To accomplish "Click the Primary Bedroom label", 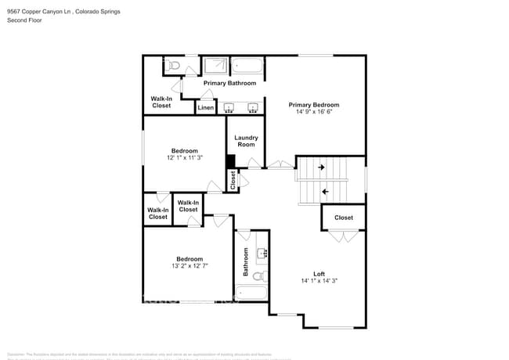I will click(x=313, y=105).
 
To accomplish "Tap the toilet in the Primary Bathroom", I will click(x=174, y=64).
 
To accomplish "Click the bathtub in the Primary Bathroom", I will click(x=248, y=65).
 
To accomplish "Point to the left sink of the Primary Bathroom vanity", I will click(x=229, y=108).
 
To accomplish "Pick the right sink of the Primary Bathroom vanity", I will click(x=253, y=108).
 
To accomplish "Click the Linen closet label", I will click(x=205, y=108).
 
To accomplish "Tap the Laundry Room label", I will click(x=246, y=141).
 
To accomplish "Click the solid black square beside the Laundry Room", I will click(x=231, y=161).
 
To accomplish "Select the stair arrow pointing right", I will click(x=320, y=167).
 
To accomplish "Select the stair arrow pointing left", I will click(x=325, y=191).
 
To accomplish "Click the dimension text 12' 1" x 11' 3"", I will click(x=185, y=157).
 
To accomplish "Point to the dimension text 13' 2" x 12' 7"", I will click(x=189, y=265).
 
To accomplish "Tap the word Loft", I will click(x=319, y=273).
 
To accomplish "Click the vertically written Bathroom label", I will click(x=246, y=262).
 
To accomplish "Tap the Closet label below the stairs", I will click(x=343, y=218).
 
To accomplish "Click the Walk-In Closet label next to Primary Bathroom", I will click(x=161, y=102).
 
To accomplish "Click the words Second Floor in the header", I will click(x=25, y=20).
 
